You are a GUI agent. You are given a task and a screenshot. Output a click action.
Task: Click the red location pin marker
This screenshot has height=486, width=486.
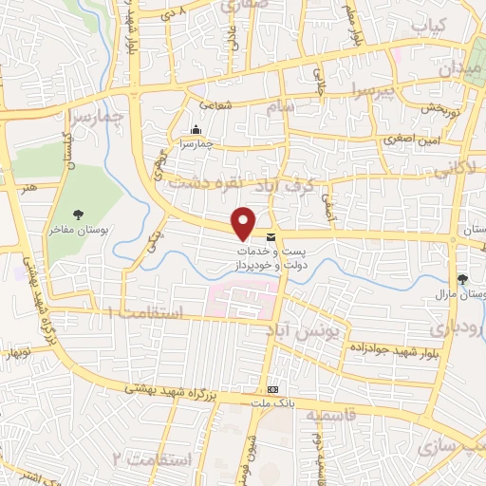tap(244, 222)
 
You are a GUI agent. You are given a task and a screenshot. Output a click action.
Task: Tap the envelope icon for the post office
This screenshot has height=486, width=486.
tap(271, 236)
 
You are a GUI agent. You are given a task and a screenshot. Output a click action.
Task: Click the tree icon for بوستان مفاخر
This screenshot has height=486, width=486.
tap(79, 215)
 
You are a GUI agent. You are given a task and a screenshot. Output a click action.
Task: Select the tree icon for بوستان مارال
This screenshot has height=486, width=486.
tap(462, 279)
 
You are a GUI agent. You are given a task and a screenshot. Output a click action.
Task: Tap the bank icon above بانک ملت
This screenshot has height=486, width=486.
tap(273, 389)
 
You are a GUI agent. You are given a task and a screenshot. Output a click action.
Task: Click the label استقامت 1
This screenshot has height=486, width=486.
tap(142, 312)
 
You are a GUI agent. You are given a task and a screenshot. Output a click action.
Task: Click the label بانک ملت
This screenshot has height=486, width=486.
tap(273, 402)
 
